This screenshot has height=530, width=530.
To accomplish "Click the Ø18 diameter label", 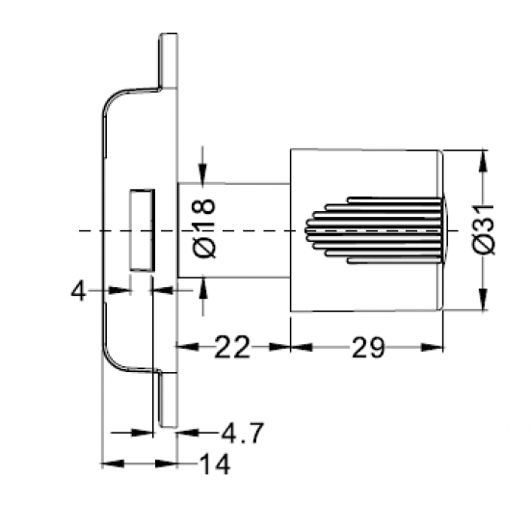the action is click(204, 228).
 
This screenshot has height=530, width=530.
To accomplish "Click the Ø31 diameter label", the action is click(484, 228).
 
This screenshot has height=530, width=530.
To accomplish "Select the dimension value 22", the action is click(232, 347).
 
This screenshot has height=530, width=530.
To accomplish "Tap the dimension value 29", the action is click(368, 347).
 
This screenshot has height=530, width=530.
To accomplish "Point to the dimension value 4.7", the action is click(242, 433).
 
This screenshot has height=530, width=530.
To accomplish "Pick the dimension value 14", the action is click(215, 464).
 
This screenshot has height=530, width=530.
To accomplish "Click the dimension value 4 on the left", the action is click(78, 291).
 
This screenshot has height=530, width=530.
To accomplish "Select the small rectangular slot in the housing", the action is click(143, 230).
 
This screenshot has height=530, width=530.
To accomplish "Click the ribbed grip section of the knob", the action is click(375, 230).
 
